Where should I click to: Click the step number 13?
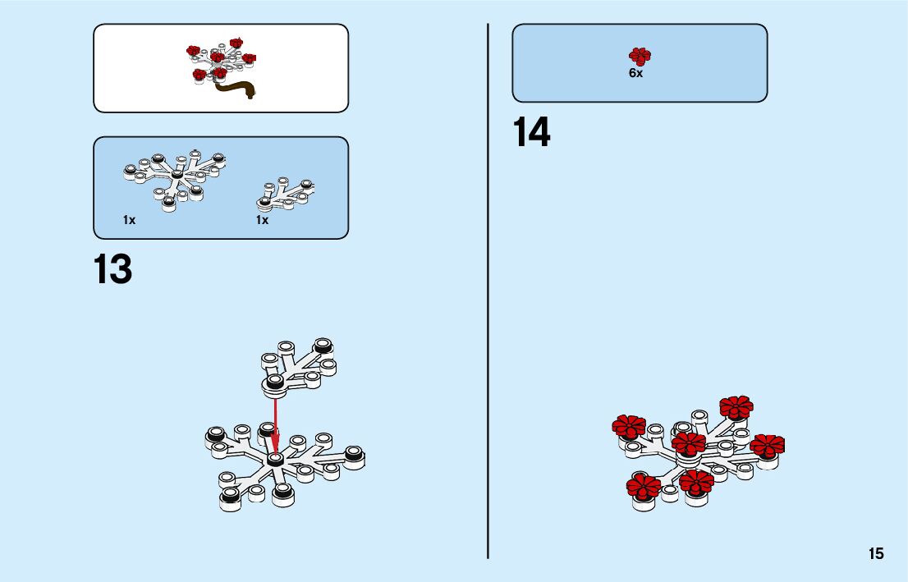click(x=112, y=270)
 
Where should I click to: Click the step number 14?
click(x=532, y=133)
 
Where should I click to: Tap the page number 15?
click(x=876, y=553)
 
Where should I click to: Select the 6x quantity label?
click(x=635, y=73)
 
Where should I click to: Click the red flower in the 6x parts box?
click(x=640, y=56)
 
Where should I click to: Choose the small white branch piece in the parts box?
click(x=286, y=193)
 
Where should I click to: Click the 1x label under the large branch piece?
click(x=129, y=220)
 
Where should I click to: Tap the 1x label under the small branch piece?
click(x=262, y=220)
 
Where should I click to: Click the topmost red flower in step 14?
click(x=735, y=407)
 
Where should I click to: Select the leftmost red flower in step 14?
click(x=630, y=427)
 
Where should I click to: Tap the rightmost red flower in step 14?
click(x=768, y=445)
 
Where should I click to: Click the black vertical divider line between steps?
click(x=488, y=287)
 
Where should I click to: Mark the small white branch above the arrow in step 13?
click(x=299, y=364)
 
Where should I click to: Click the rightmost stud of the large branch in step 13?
click(x=354, y=454)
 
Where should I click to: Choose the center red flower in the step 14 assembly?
click(x=688, y=444)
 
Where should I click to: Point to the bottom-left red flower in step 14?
click(x=644, y=487)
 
